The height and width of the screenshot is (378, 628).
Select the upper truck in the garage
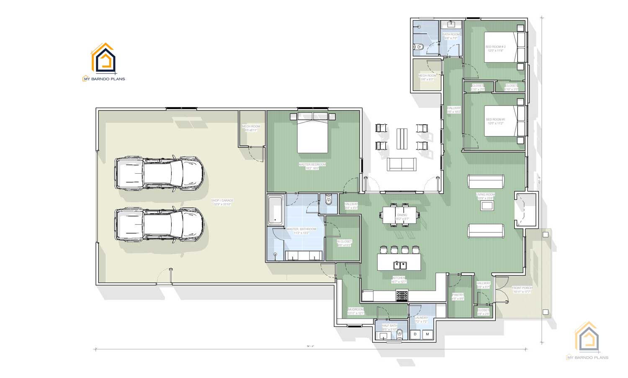click(x=159, y=174)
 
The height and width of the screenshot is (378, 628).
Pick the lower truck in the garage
click(x=159, y=225)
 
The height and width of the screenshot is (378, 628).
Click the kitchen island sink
click(x=399, y=265)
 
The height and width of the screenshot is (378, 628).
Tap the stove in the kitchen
click(x=402, y=296)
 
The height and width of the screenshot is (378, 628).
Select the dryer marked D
click(x=415, y=334)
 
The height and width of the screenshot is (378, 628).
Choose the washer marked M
click(x=427, y=334)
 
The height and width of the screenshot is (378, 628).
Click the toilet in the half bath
click(x=399, y=333)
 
